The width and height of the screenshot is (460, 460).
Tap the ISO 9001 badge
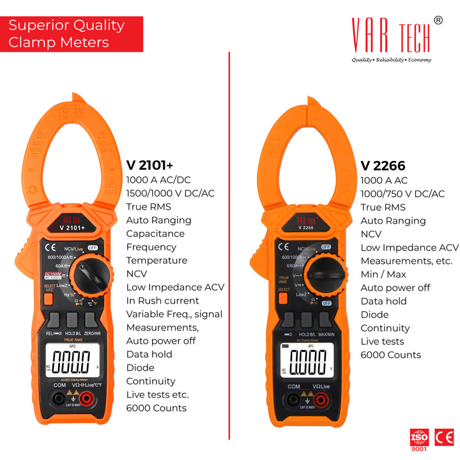[x=419, y=440]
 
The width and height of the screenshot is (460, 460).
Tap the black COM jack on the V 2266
[x=293, y=400]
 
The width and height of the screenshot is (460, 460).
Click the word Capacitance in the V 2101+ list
[x=155, y=234]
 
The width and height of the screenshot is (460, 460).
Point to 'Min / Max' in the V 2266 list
[x=384, y=274]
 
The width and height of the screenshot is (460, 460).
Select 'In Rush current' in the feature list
[x=163, y=300]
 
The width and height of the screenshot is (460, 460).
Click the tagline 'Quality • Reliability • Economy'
[x=392, y=60]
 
